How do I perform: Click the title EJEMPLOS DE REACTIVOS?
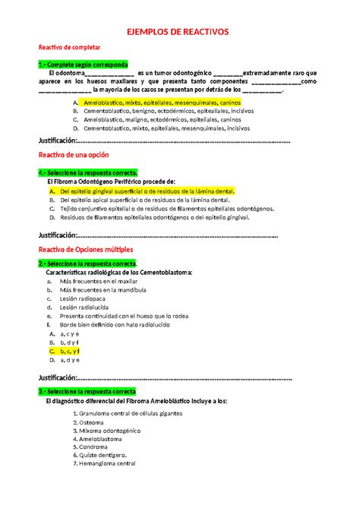click(x=181, y=33)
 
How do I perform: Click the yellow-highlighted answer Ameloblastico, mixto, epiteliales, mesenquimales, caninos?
click(x=158, y=101)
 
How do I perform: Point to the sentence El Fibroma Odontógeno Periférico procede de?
click(x=111, y=181)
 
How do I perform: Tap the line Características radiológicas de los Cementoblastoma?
click(x=120, y=272)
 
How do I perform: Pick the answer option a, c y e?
click(x=70, y=333)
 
